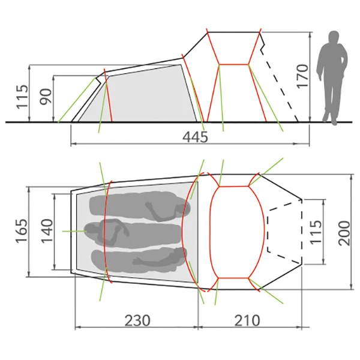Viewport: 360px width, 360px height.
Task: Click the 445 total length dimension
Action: coord(195,137)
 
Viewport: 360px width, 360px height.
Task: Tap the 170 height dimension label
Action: coord(302,76)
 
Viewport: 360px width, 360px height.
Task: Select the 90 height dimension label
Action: coord(46,97)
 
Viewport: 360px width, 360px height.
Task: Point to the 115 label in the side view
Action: coord(22,97)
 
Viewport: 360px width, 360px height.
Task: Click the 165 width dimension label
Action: coord(22,231)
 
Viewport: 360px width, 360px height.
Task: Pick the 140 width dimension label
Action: coord(47,231)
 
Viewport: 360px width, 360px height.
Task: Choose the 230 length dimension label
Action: coord(137,320)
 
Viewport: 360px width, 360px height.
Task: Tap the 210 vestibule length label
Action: coord(247,320)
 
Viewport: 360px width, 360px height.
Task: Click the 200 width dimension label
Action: coord(344,233)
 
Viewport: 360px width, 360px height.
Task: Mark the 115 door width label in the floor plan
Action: coord(316,232)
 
